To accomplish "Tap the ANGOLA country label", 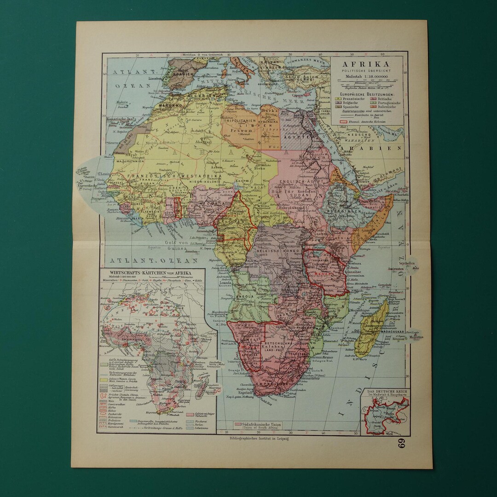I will pyautogui.click(x=246, y=297).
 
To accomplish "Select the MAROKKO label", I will pyautogui.click(x=169, y=105).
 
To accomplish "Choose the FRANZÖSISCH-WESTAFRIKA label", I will pyautogui.click(x=164, y=176).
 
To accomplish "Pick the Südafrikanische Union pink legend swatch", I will pyautogui.click(x=238, y=423).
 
